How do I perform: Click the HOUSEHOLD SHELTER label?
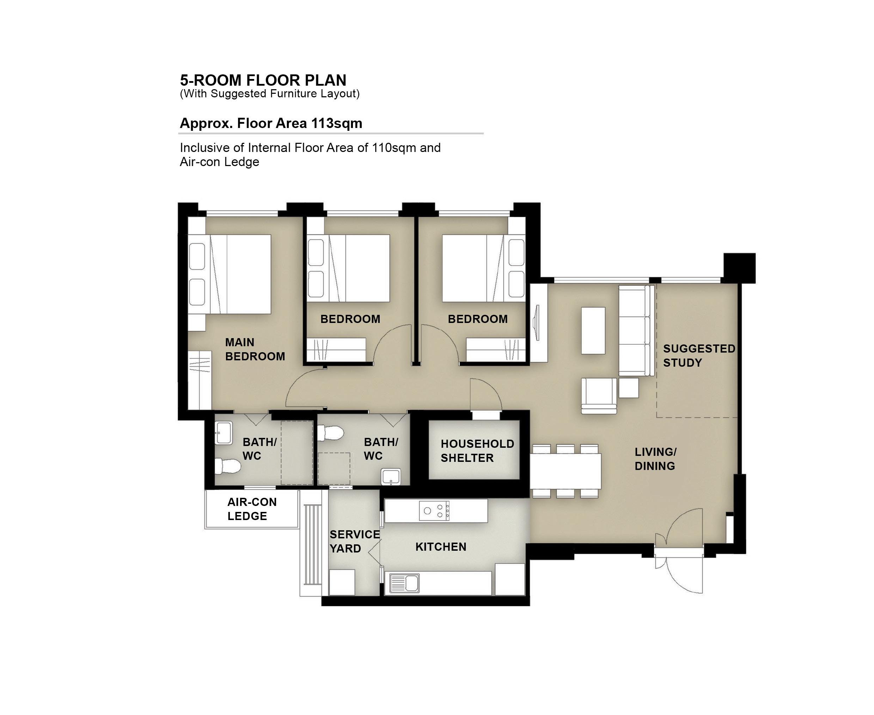point(477,451)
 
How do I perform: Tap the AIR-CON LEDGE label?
point(252,509)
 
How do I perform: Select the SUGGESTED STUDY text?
point(698,355)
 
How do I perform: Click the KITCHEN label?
point(440,546)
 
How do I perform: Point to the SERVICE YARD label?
point(354,541)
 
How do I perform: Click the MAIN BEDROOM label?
point(255,349)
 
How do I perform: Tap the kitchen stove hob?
point(434,511)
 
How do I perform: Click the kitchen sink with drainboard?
point(404,583)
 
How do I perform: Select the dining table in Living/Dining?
point(565,471)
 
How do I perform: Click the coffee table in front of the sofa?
point(593,330)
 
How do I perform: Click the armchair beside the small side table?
point(598,395)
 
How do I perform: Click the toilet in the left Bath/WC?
point(227,467)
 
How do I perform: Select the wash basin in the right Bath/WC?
point(390,477)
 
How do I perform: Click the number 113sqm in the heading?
point(336,123)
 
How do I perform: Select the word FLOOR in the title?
point(272,80)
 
